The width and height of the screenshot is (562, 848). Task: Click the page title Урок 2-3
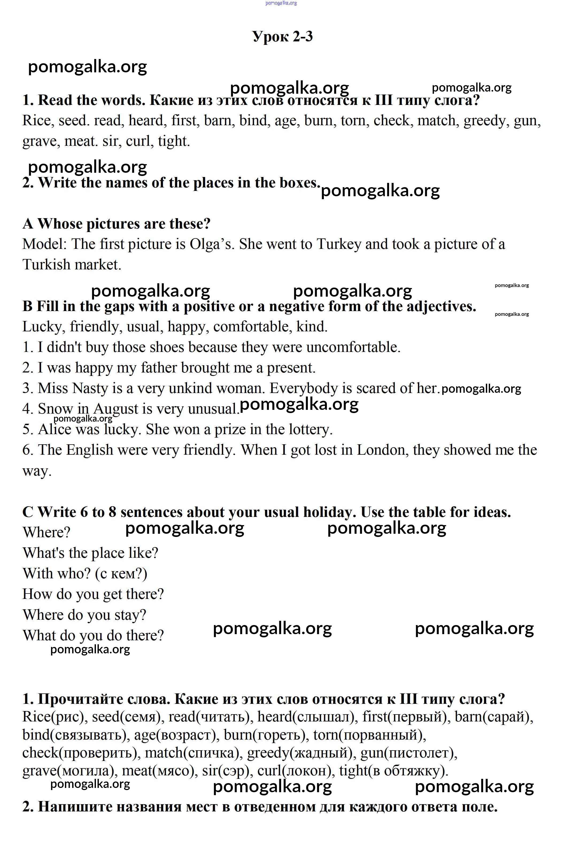(x=282, y=37)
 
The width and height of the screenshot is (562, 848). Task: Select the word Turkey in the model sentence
(x=339, y=244)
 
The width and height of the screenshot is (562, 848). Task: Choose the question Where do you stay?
(x=85, y=615)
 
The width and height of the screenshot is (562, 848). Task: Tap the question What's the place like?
(x=90, y=553)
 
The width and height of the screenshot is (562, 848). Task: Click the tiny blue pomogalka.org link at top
(x=281, y=3)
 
